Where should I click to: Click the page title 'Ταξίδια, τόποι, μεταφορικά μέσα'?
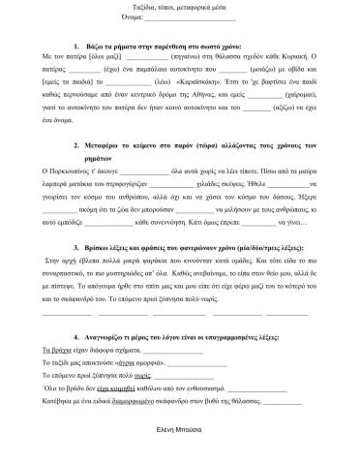(x=180, y=8)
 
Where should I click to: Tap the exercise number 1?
(x=75, y=46)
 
